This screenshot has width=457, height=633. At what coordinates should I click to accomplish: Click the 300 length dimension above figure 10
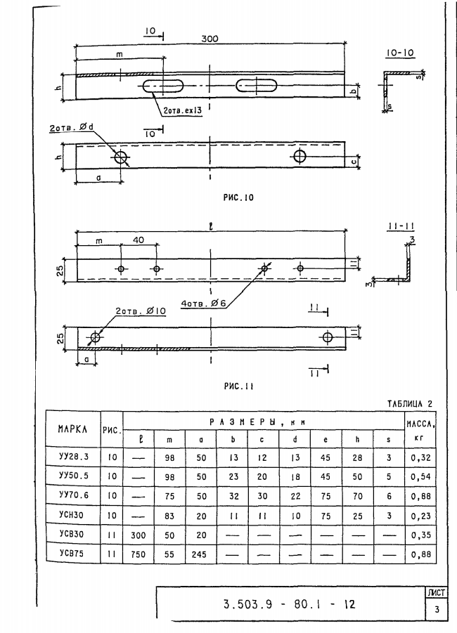pyautogui.click(x=210, y=39)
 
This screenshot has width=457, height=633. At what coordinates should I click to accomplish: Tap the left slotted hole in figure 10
pyautogui.click(x=163, y=86)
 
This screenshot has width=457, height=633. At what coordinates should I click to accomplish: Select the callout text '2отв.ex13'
pyautogui.click(x=182, y=110)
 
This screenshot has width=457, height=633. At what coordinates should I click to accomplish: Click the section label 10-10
pyautogui.click(x=400, y=53)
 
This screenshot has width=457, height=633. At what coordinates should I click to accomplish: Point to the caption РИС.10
pyautogui.click(x=238, y=197)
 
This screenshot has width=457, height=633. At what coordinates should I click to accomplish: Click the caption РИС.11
pyautogui.click(x=238, y=386)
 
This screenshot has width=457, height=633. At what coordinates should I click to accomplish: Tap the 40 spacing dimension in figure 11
pyautogui.click(x=139, y=240)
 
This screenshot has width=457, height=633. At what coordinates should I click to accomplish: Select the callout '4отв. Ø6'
pyautogui.click(x=203, y=303)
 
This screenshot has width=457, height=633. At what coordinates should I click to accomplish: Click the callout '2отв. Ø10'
pyautogui.click(x=141, y=311)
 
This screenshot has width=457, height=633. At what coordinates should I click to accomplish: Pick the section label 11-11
pyautogui.click(x=401, y=226)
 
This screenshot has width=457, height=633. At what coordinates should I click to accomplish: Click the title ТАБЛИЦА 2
pyautogui.click(x=410, y=404)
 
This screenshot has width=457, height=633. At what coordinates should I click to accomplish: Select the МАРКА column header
pyautogui.click(x=72, y=429)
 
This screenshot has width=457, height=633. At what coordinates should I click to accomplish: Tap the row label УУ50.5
pyautogui.click(x=73, y=476)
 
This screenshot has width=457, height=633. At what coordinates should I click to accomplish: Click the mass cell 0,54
pyautogui.click(x=420, y=477)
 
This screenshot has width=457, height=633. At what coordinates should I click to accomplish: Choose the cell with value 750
pyautogui.click(x=139, y=554)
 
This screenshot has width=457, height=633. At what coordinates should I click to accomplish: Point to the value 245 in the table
pyautogui.click(x=199, y=554)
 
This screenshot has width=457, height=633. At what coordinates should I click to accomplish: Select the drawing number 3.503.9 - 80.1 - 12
pyautogui.click(x=289, y=604)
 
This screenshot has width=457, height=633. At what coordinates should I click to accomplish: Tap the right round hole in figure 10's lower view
pyautogui.click(x=300, y=156)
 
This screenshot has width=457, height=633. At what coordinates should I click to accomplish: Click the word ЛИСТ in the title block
pyautogui.click(x=437, y=593)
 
